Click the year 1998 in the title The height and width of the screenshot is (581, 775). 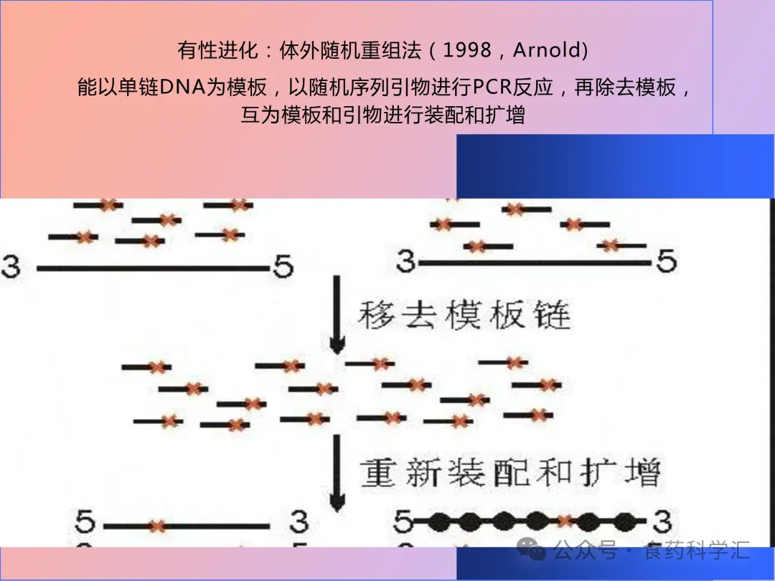[x=467, y=51]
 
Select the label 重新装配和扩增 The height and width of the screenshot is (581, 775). [x=510, y=473]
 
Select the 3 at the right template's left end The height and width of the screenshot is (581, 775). [x=406, y=262]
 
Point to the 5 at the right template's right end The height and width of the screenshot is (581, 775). [x=666, y=262]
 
